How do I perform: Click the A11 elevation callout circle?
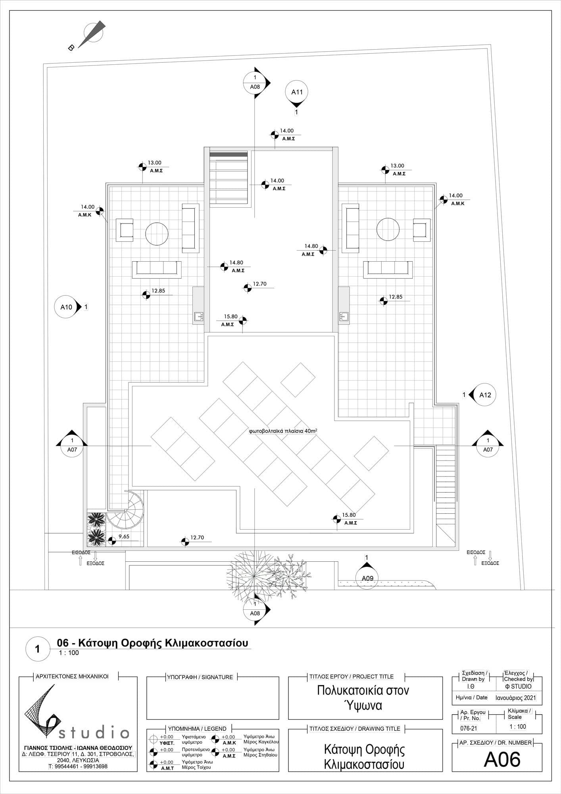(297, 92)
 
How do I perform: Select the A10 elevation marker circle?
(66, 307)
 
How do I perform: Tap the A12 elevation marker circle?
(485, 395)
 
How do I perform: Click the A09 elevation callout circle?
(367, 578)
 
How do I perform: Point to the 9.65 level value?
(124, 536)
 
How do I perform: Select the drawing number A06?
(502, 760)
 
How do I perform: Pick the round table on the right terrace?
(388, 229)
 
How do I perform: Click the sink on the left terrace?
(198, 316)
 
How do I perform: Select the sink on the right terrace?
(344, 316)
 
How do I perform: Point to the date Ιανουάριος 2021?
(516, 698)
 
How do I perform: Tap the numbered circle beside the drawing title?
(38, 649)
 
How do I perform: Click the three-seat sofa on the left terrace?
(157, 270)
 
